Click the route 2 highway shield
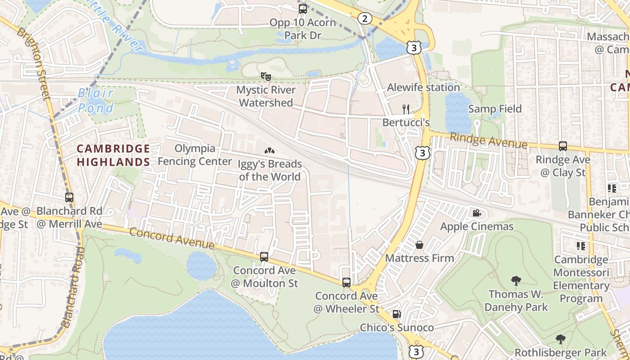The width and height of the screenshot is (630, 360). (365, 18)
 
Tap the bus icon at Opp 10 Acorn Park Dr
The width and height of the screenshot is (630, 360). (303, 9)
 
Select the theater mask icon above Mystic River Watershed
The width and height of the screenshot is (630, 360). (266, 76)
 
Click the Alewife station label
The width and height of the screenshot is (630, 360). (423, 87)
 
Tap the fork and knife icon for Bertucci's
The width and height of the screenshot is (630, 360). (406, 109)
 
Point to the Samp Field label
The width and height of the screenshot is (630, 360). (495, 109)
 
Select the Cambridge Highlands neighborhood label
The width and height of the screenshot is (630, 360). (113, 155)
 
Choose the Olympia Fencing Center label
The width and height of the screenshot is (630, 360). (195, 155)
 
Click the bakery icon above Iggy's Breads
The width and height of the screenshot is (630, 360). (270, 151)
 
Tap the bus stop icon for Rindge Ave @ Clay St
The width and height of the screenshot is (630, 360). (563, 146)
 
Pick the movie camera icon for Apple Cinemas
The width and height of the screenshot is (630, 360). (477, 213)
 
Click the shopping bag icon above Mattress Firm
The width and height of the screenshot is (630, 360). (419, 245)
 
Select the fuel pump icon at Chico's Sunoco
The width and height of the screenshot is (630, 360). (396, 314)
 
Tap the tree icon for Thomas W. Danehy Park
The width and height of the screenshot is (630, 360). (516, 281)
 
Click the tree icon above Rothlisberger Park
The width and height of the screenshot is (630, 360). (560, 339)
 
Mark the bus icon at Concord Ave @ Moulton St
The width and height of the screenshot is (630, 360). (264, 257)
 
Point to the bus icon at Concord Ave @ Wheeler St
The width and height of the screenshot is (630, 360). (346, 283)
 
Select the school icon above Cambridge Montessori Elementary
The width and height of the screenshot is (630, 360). (580, 246)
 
